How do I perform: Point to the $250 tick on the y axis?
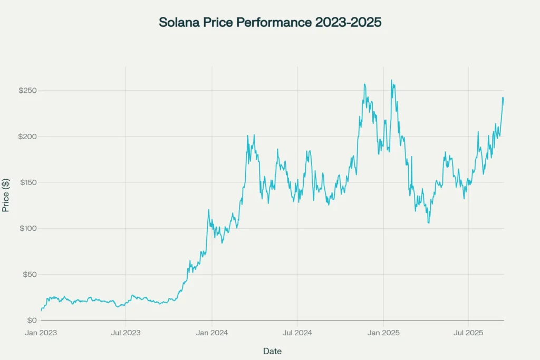point(27,91)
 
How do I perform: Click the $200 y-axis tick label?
point(27,137)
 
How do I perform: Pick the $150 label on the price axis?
point(27,182)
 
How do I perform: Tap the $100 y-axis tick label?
point(27,228)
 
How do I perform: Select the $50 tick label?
point(29,275)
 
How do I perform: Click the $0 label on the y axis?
point(32,320)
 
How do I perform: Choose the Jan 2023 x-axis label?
point(41,333)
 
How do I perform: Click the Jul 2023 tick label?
point(126,333)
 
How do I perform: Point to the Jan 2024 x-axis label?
point(211,333)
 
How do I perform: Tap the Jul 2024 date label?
point(297,333)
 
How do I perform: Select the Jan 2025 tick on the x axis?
point(383,333)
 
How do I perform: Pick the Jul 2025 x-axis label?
point(468,333)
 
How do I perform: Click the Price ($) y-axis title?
point(6,195)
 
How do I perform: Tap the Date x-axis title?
point(272,351)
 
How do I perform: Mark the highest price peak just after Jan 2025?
point(391,81)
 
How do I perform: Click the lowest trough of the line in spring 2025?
point(428,222)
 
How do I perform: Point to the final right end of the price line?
point(504,105)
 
